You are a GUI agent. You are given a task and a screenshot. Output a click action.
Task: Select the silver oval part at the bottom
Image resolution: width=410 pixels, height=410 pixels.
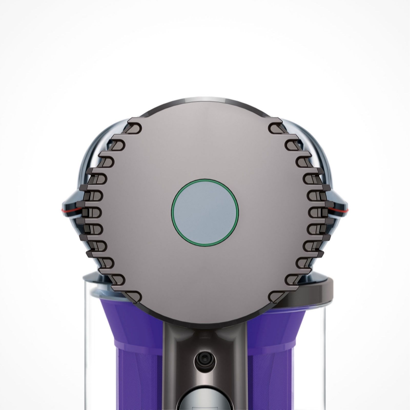pos(205,400)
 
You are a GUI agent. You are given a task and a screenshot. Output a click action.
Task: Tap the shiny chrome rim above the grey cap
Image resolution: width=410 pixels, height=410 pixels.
pos(205,100)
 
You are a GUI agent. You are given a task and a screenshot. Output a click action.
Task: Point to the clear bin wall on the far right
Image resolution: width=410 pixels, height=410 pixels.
pos(324,346)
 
